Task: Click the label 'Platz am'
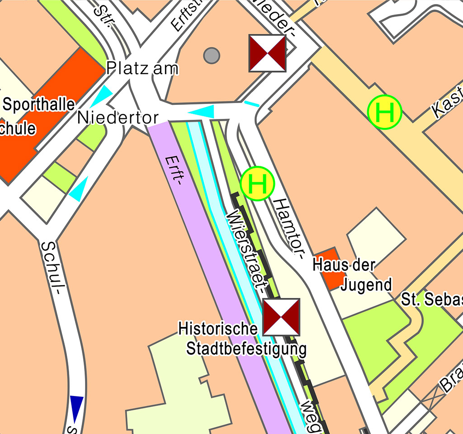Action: (x=142, y=68)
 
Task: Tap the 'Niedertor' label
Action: (x=118, y=118)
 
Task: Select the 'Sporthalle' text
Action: (x=39, y=104)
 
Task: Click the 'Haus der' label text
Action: (x=344, y=264)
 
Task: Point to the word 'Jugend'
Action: (x=366, y=285)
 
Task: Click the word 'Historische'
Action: (x=218, y=328)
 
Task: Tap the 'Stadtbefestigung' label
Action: (x=246, y=349)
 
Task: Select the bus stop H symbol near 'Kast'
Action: (x=384, y=113)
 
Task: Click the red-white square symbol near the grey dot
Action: (x=268, y=53)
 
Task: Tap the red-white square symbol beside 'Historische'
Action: (x=281, y=317)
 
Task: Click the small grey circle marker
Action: (x=211, y=56)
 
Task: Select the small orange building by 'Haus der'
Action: (x=328, y=269)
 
